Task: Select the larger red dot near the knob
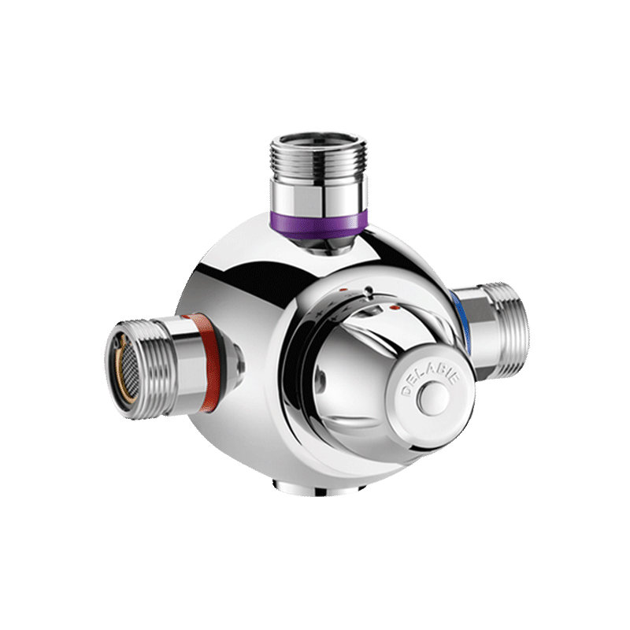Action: tap(395, 307)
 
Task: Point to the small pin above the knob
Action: tap(368, 291)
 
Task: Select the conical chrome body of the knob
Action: tap(346, 370)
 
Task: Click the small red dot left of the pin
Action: tap(343, 290)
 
